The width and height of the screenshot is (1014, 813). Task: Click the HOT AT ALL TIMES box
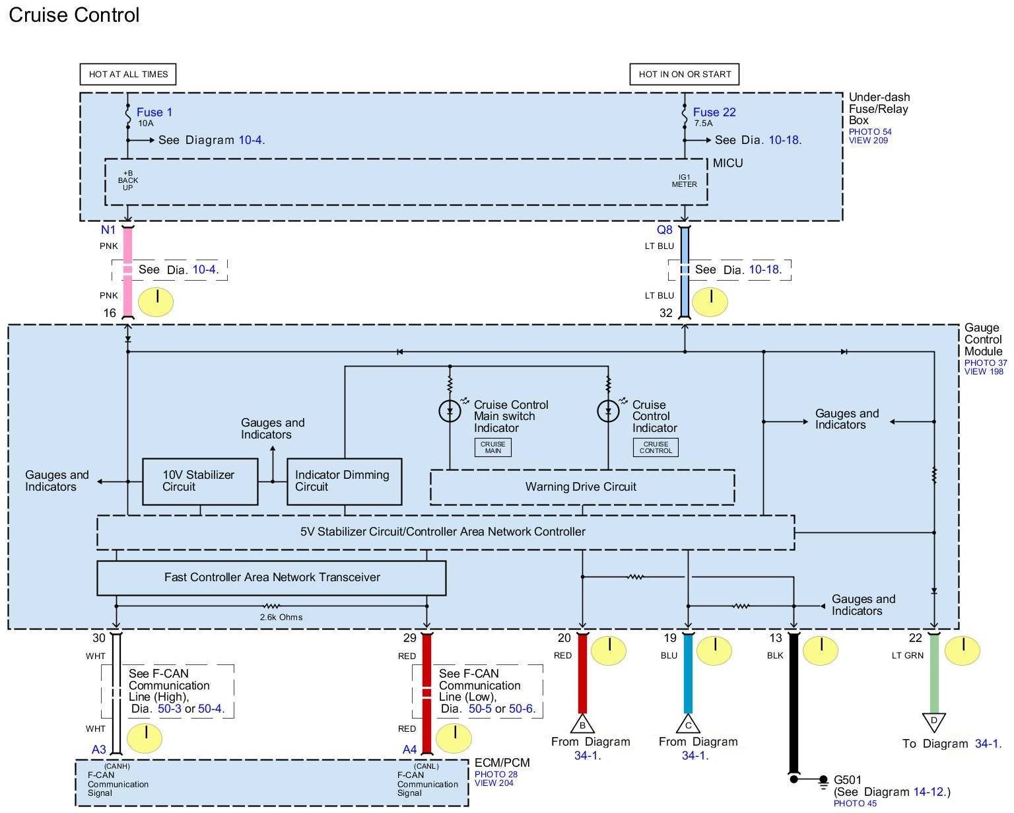point(128,74)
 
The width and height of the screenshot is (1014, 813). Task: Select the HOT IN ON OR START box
point(685,74)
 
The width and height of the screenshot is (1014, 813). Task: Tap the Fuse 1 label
point(154,112)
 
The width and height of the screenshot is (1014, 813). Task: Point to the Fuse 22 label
point(714,112)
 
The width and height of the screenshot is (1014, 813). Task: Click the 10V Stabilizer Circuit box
point(200,481)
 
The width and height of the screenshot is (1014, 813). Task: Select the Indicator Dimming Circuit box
point(344,481)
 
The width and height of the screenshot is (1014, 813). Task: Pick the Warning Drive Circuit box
point(582,487)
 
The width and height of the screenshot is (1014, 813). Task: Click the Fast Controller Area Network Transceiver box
point(271,577)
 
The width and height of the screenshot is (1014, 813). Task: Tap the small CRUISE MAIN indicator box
point(492,447)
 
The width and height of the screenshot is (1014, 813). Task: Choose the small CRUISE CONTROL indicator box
point(656,447)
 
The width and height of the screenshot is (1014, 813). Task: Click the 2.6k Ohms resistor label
point(281,618)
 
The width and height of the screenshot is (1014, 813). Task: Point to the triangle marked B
point(582,724)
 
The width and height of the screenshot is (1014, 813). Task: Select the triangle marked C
point(688,724)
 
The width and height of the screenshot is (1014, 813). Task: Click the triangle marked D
point(934,721)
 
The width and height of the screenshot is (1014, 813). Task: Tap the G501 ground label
point(848,780)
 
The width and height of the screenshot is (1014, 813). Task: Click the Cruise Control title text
point(74,15)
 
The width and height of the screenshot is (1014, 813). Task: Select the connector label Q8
point(664,230)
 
